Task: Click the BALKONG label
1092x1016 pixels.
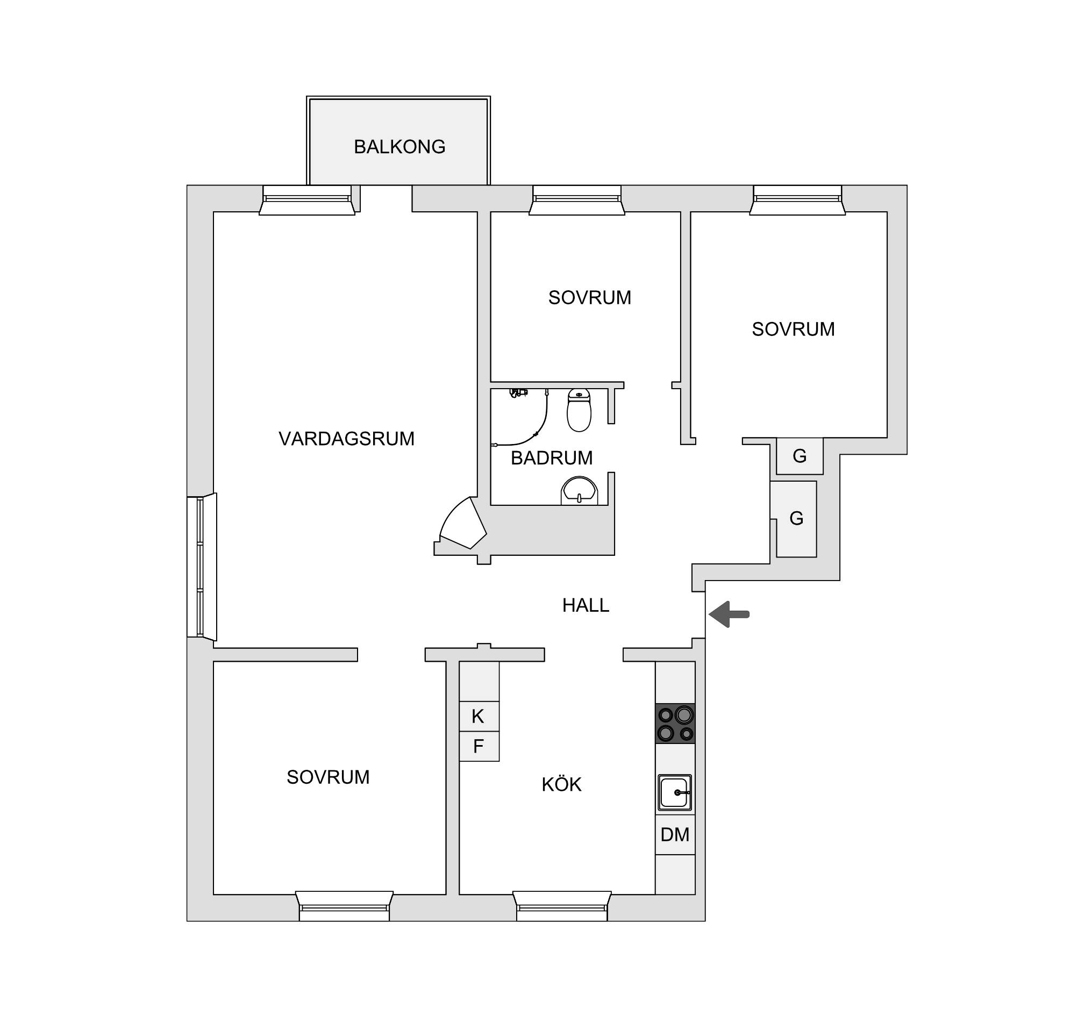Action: [399, 147]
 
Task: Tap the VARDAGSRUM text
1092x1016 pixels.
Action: [346, 439]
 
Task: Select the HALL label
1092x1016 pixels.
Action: [586, 605]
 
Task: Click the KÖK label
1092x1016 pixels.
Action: [561, 784]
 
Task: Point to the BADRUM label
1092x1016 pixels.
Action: [552, 458]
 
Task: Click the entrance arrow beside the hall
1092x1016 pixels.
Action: [729, 614]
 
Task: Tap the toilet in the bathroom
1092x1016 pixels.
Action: [579, 410]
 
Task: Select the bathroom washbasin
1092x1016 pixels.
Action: [579, 490]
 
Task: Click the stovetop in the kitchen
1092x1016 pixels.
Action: [675, 724]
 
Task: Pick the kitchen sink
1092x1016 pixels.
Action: [675, 792]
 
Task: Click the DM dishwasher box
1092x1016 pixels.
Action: [675, 835]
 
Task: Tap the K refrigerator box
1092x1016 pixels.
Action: [479, 716]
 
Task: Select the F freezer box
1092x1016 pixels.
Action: [479, 746]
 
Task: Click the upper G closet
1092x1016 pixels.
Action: [800, 456]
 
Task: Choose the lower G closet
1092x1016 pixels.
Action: [796, 519]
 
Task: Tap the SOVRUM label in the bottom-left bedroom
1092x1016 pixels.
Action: [328, 777]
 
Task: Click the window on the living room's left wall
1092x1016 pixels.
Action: [202, 567]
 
